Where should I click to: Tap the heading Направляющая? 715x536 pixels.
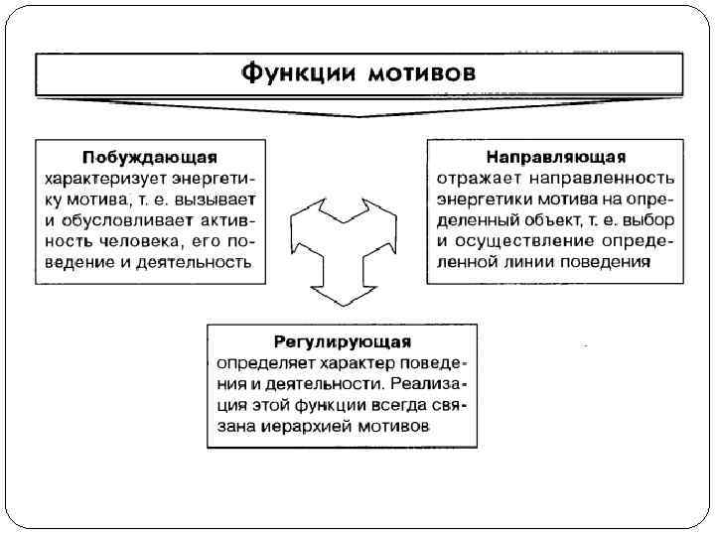(555, 158)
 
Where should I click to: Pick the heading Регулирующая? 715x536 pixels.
(342, 340)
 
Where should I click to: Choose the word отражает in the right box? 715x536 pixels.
(474, 178)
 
